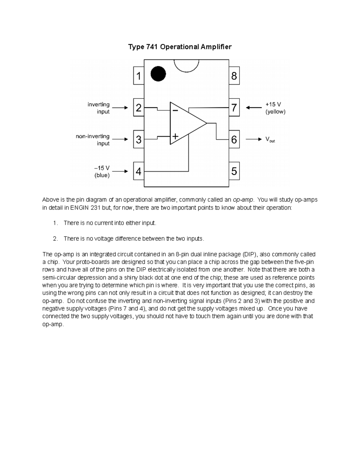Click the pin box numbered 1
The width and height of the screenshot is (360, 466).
[139, 76]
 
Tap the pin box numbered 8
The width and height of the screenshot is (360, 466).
[234, 76]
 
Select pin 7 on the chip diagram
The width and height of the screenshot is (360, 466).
[234, 108]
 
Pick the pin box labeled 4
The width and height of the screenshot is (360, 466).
[139, 171]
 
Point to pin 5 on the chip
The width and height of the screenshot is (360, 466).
[234, 171]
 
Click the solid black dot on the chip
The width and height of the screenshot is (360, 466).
[158, 74]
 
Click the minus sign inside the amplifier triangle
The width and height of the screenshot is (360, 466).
[175, 110]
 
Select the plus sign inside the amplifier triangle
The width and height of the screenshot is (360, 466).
[175, 137]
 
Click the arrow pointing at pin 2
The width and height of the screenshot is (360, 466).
[121, 108]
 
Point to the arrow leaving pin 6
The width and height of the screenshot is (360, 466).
[254, 139]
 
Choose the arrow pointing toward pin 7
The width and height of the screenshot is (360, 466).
[254, 108]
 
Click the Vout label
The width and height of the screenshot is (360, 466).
[270, 140]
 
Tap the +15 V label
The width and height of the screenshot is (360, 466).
[273, 104]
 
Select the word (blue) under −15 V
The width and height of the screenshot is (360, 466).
[102, 175]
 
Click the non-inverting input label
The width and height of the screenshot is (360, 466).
[93, 140]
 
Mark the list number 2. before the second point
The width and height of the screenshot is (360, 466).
[55, 239]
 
